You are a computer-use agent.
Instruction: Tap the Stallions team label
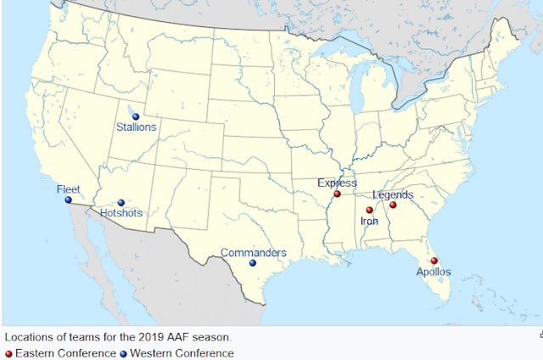click(x=137, y=127)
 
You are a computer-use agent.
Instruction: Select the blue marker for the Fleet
click(x=69, y=200)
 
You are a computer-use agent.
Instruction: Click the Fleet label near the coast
click(x=68, y=189)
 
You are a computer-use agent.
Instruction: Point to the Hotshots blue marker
click(x=121, y=203)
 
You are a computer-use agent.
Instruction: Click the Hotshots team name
click(x=121, y=213)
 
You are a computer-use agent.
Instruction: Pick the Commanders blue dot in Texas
click(x=253, y=263)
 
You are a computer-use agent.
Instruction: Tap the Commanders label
click(x=254, y=253)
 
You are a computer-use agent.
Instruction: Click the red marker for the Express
click(x=337, y=194)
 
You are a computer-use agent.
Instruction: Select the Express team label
click(x=337, y=183)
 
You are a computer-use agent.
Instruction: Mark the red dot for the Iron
click(x=369, y=211)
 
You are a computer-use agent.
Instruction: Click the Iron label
click(x=369, y=221)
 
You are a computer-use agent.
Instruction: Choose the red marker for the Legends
click(x=393, y=205)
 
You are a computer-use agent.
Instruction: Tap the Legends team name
click(x=393, y=194)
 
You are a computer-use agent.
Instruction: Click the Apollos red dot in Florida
click(x=434, y=261)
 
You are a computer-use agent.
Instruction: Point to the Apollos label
click(x=434, y=272)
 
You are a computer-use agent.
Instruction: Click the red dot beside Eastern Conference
click(x=8, y=352)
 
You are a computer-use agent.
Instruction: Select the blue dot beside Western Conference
click(x=122, y=352)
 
